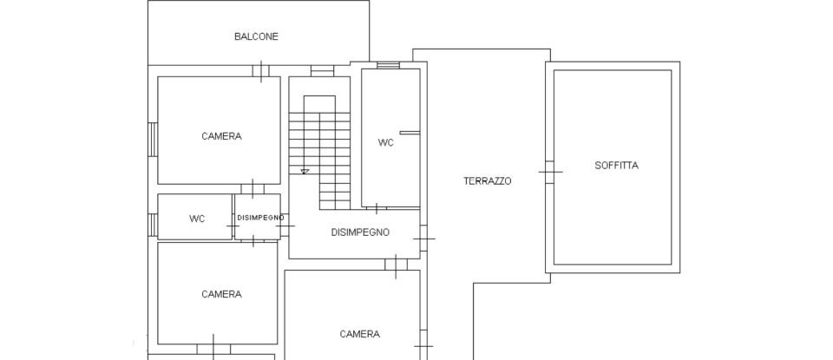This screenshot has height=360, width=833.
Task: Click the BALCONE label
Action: (256, 36)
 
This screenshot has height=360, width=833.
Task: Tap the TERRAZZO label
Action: (487, 181)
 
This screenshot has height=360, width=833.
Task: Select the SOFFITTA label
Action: (616, 165)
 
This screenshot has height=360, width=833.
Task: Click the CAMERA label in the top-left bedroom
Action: (221, 136)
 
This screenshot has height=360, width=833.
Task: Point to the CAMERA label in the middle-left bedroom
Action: (221, 294)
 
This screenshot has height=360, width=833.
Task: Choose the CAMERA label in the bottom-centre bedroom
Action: (359, 334)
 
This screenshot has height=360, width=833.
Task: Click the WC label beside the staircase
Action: (385, 142)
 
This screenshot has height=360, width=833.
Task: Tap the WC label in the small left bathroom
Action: (197, 219)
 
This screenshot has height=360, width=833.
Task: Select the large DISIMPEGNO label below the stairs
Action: (360, 232)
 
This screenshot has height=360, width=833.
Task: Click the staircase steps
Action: (319, 147)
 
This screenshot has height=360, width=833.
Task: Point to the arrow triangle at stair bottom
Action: (305, 172)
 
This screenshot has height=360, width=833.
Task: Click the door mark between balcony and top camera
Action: (262, 70)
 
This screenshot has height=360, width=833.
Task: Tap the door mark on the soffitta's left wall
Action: (549, 172)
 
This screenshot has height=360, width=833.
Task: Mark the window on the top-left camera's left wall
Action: (153, 139)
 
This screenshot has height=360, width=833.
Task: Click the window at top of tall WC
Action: (388, 65)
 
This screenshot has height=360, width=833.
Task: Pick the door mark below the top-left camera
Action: (253, 188)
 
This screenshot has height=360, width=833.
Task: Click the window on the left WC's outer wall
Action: (153, 225)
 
